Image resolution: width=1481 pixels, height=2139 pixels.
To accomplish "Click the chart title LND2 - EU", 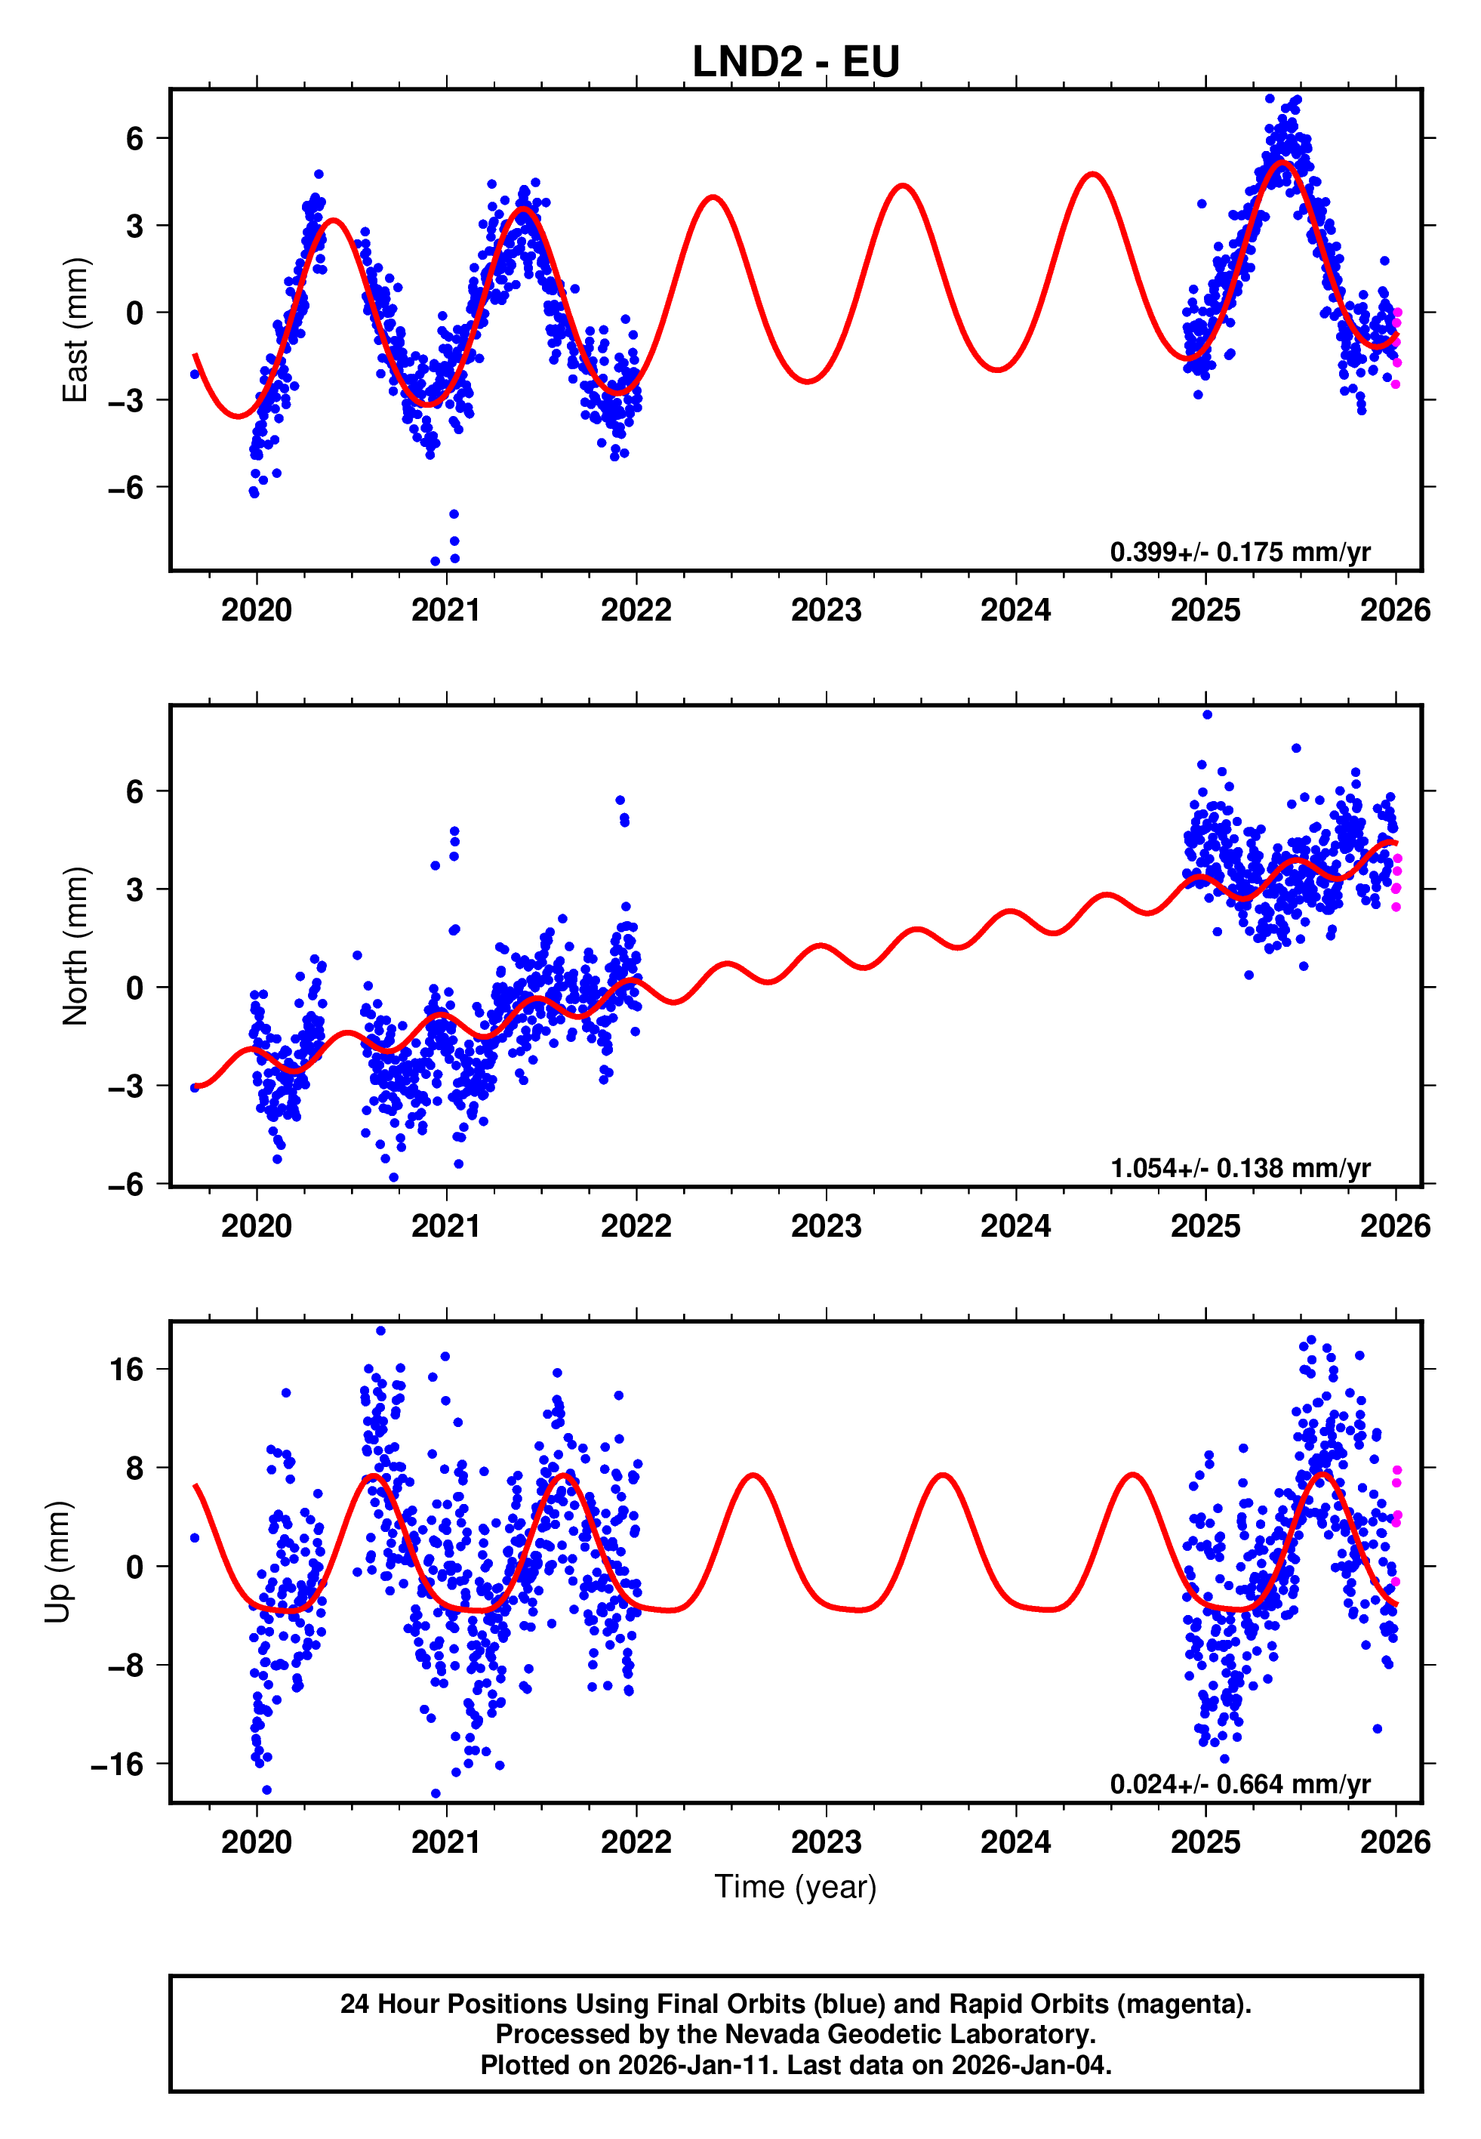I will coord(796,62).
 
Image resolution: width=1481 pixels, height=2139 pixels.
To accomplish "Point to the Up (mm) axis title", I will coord(57,1562).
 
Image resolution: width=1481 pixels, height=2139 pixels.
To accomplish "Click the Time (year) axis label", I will coord(796,1887).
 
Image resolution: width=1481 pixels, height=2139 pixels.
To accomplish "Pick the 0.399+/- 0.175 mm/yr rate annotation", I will coord(1239,552).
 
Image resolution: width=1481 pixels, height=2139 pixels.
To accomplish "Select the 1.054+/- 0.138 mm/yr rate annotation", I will coord(1239,1168).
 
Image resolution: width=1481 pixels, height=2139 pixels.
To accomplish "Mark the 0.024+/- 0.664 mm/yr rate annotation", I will coord(1239,1784).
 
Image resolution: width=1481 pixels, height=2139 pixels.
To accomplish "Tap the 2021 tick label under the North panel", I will coord(446,1227).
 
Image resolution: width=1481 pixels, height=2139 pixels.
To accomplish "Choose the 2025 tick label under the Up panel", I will coord(1205,1842).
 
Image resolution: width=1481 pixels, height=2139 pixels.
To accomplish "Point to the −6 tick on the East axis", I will coord(125,487).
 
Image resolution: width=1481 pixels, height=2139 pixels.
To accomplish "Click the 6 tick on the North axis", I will coord(135,791).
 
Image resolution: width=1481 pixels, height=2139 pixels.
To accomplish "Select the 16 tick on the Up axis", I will coord(127,1370).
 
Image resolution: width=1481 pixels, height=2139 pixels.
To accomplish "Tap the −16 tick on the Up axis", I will coord(117,1764).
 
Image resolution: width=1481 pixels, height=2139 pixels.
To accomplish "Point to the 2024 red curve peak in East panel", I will coord(1093,174).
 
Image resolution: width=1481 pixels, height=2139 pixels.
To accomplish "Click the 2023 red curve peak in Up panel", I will coord(943,1475).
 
